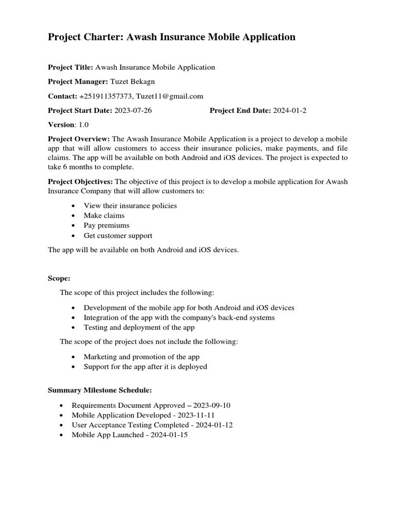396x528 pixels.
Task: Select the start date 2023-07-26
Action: pyautogui.click(x=133, y=110)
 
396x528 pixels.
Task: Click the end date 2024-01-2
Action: pyautogui.click(x=290, y=110)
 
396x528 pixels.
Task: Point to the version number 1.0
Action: pyautogui.click(x=83, y=125)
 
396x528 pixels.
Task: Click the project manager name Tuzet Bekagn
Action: pyautogui.click(x=133, y=81)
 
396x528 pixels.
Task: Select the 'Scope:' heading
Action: pyautogui.click(x=59, y=278)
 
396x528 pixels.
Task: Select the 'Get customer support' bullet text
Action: pyautogui.click(x=118, y=236)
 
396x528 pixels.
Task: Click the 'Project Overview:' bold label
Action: pyautogui.click(x=79, y=139)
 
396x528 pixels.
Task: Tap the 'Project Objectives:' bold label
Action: pyautogui.click(x=80, y=181)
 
